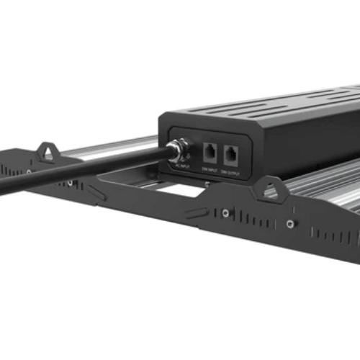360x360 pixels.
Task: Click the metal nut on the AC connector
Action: [174, 150]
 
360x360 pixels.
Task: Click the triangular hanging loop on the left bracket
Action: [48, 150]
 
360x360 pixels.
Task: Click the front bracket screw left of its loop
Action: [225, 213]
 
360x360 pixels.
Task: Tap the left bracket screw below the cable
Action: [70, 183]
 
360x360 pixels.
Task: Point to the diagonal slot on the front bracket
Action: [197, 212]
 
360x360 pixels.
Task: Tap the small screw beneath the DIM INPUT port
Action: [207, 183]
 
